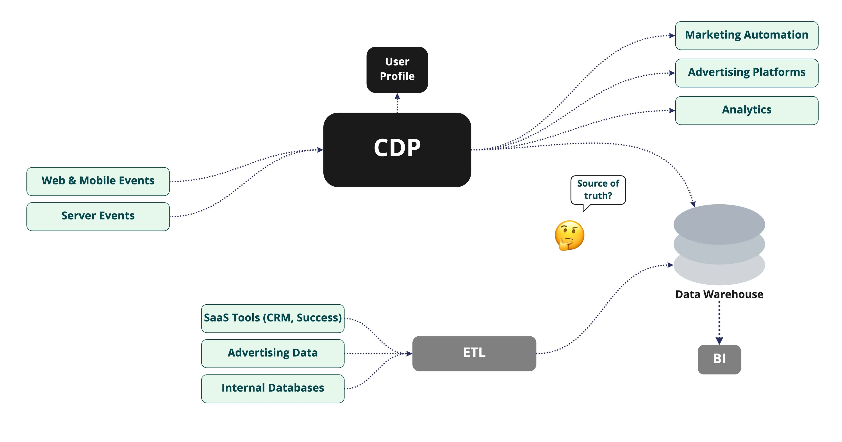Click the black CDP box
click(397, 150)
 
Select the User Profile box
click(397, 70)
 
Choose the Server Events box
click(98, 216)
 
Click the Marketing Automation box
click(747, 36)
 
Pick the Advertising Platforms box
click(747, 73)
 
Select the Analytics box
click(747, 110)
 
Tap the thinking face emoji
click(569, 235)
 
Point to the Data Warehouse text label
click(719, 294)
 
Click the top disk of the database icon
click(719, 224)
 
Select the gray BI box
click(719, 359)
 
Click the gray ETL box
click(474, 353)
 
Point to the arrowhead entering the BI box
click(719, 341)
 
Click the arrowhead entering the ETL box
click(409, 353)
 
